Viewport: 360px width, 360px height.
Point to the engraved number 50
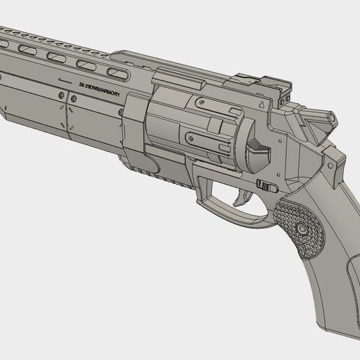coord(80,84)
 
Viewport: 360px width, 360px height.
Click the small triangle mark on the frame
coord(262,103)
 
